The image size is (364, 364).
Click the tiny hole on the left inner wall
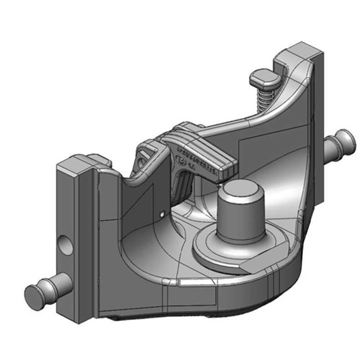(x=162, y=212)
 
